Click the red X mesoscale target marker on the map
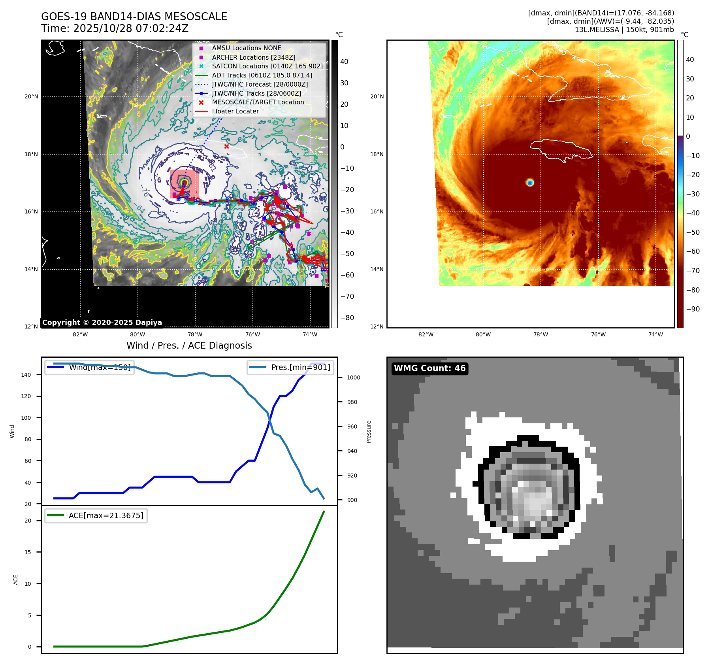click(226, 147)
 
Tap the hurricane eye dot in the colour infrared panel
click(530, 182)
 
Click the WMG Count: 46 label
click(429, 368)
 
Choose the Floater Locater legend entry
click(235, 111)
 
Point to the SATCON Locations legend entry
click(267, 66)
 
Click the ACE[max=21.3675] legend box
click(96, 515)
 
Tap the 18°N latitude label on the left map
click(31, 154)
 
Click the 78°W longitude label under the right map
click(541, 334)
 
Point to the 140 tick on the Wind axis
click(26, 375)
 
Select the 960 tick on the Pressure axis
click(352, 426)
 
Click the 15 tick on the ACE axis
click(28, 552)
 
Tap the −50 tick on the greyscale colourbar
click(347, 254)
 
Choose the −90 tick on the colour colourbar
click(693, 309)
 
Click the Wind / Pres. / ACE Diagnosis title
click(189, 345)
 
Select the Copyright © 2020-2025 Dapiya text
click(102, 323)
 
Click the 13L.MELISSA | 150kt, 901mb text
click(624, 30)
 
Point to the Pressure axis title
click(369, 432)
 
